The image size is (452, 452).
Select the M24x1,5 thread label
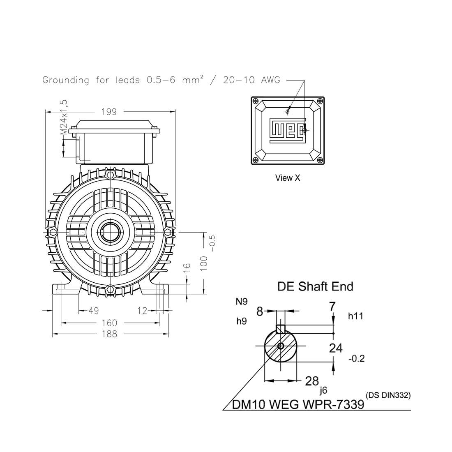[63, 118]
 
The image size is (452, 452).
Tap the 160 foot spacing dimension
[110, 323]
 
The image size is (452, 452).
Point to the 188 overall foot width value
[110, 334]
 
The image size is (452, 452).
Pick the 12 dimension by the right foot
[142, 311]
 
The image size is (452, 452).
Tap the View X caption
[288, 178]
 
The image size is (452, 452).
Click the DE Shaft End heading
[315, 286]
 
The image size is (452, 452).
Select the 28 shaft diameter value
[312, 381]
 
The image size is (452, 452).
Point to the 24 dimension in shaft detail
[336, 348]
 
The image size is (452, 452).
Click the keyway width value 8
[259, 312]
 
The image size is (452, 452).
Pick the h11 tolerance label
[355, 316]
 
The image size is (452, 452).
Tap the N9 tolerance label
[242, 302]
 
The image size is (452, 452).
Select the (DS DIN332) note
[388, 396]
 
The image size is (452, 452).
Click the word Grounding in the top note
[66, 80]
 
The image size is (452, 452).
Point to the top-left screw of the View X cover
[256, 101]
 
